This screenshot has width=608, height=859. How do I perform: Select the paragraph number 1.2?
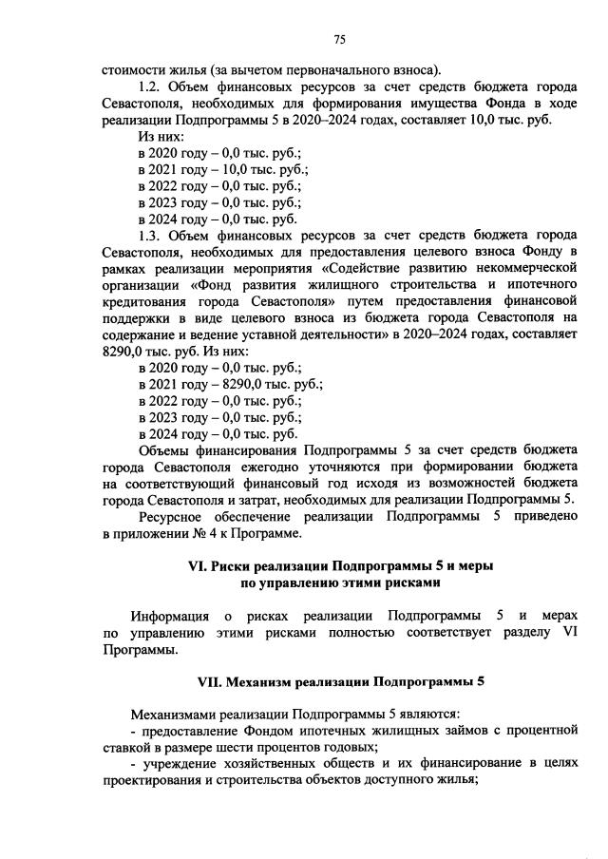(x=152, y=86)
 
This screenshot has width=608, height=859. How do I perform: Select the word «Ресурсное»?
(x=175, y=517)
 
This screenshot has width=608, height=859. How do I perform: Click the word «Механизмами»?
(x=180, y=713)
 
